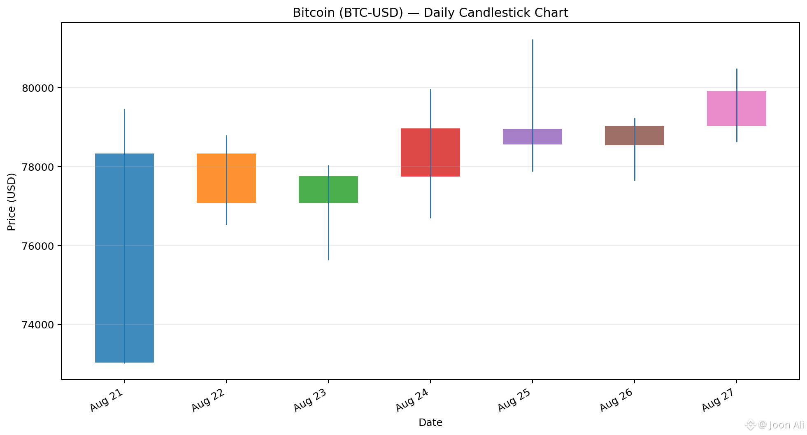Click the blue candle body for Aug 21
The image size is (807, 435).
click(124, 258)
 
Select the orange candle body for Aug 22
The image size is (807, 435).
click(226, 178)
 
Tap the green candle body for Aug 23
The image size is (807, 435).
click(328, 189)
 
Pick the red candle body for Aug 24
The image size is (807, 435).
click(430, 152)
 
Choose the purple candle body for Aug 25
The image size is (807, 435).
click(533, 137)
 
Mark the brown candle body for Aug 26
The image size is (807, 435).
click(635, 135)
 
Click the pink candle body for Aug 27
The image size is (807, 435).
click(737, 108)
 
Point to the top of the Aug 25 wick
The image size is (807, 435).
click(533, 40)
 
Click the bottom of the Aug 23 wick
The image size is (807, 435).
click(328, 260)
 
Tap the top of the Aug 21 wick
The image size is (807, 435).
click(124, 109)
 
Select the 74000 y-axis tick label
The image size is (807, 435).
click(37, 325)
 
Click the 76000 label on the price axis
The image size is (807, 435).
click(37, 246)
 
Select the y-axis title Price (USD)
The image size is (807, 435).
click(12, 202)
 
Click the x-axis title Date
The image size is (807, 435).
click(430, 423)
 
